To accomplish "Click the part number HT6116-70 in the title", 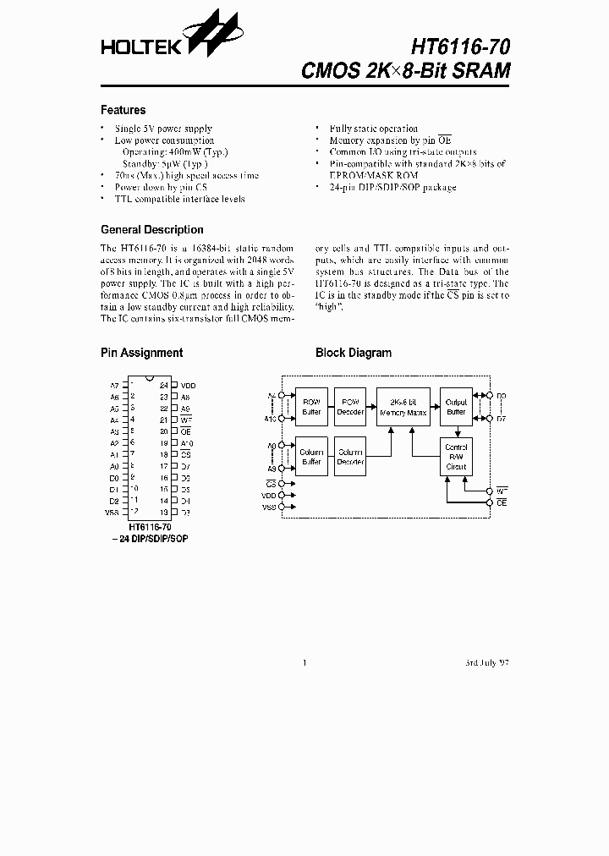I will [x=460, y=47].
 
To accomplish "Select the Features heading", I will [x=123, y=110].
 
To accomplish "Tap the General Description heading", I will [x=151, y=229].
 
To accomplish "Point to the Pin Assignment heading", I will [x=141, y=353].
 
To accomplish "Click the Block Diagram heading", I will [x=353, y=353].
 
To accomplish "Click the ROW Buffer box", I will [x=311, y=407].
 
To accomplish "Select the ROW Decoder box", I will [x=350, y=407].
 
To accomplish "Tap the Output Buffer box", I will [x=456, y=407].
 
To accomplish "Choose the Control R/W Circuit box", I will [x=456, y=457].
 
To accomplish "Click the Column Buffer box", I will [x=311, y=457].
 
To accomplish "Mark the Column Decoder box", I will [x=350, y=457].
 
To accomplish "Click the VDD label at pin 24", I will [x=187, y=385].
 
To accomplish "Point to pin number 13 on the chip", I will [x=163, y=513].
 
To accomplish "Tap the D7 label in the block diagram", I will [x=501, y=418].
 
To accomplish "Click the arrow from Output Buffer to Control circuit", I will [x=456, y=431].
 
